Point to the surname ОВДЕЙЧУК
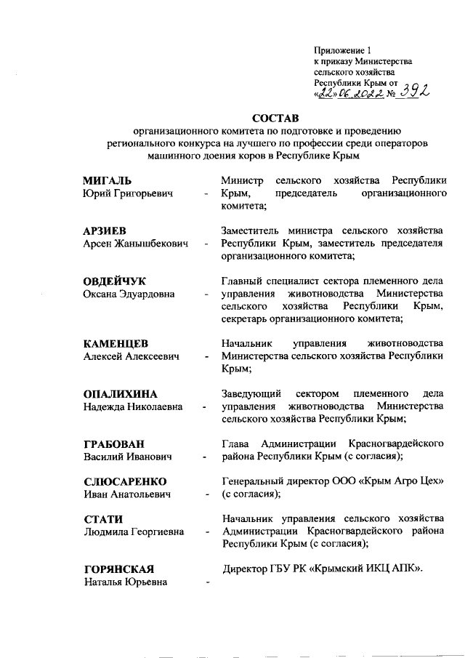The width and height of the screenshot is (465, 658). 116,281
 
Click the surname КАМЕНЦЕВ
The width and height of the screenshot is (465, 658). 116,344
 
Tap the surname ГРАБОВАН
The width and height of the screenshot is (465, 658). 114,444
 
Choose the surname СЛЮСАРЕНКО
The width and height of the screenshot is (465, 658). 125,482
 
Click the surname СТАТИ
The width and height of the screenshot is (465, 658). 102,518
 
